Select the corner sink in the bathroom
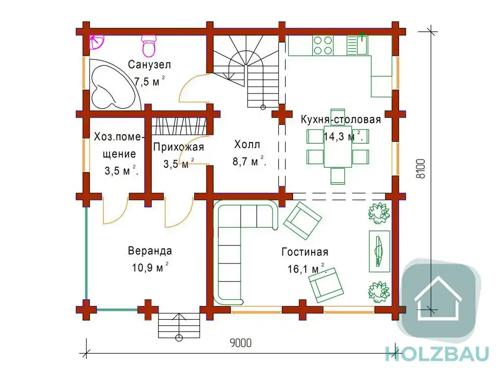(96, 42)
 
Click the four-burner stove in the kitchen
(323, 45)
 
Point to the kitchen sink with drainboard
(357, 44)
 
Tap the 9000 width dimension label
(241, 343)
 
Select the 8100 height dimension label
(421, 169)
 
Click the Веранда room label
(150, 251)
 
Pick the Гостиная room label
(304, 252)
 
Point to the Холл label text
(247, 144)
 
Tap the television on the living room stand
(379, 251)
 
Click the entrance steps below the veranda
(179, 325)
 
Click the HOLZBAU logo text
(437, 354)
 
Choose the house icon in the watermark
(438, 298)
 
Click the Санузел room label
(149, 65)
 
